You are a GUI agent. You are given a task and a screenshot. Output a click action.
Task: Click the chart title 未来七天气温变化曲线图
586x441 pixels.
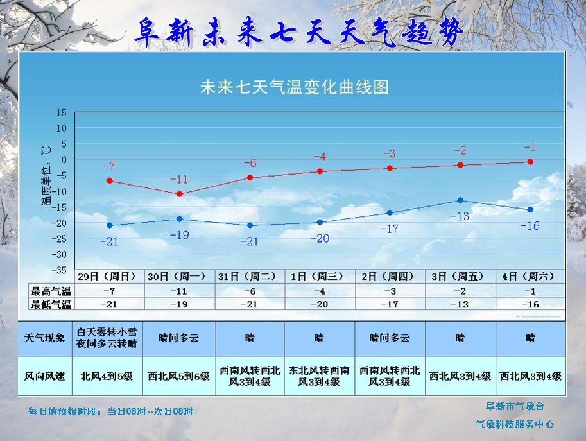pos(295,87)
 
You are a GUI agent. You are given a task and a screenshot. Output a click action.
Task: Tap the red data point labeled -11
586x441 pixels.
pos(180,193)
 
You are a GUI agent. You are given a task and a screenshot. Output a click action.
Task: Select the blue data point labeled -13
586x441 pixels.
pos(460,200)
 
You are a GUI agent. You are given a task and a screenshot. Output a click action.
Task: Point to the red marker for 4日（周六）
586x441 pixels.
pos(530,162)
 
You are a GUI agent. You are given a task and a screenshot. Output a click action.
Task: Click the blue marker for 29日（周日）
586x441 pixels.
pos(110,225)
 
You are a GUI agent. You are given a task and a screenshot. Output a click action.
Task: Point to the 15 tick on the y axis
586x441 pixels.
pos(62,112)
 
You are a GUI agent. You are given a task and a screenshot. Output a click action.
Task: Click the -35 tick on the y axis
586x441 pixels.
pos(60,270)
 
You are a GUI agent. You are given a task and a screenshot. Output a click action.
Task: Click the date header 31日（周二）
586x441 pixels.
pos(250,276)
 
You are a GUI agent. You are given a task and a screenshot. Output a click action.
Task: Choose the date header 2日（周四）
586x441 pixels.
pos(389,276)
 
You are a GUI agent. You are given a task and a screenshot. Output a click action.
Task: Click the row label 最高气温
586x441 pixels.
pos(51,291)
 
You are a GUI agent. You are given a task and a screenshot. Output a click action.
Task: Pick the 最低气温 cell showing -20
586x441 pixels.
pos(319,304)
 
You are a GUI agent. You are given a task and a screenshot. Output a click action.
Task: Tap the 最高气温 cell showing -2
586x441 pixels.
pos(460,291)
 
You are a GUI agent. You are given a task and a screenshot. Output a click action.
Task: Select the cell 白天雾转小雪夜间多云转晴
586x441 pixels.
pos(107,338)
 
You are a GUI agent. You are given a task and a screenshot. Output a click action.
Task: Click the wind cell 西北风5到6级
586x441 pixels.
pos(179,376)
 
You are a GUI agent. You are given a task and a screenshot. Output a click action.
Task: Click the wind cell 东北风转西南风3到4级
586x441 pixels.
pos(319,376)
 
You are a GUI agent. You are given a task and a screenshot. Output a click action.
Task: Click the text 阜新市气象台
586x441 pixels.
pos(515,406)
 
